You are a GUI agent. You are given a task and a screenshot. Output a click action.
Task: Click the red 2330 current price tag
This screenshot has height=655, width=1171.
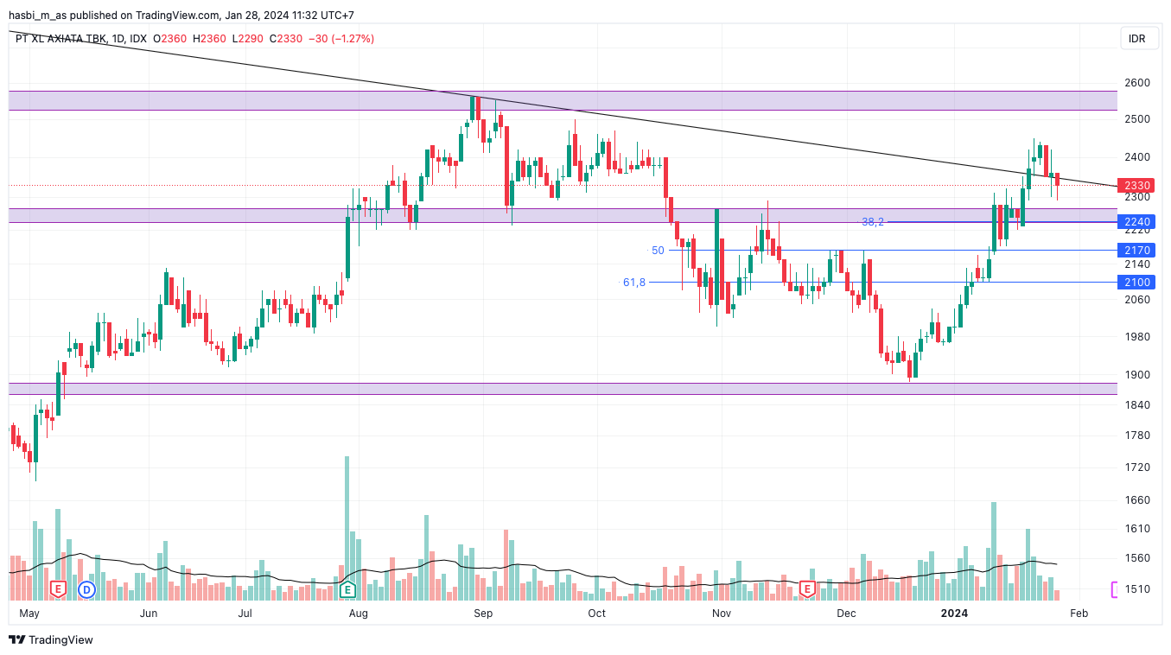(x=1137, y=186)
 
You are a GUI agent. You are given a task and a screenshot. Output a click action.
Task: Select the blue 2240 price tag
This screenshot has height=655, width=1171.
(x=1137, y=222)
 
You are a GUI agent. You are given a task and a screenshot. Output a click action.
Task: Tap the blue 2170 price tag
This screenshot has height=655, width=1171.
(x=1137, y=251)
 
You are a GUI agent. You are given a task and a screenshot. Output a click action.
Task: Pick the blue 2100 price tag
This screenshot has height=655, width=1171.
(x=1137, y=283)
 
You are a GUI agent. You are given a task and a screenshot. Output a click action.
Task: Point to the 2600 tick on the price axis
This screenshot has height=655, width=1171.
(x=1137, y=83)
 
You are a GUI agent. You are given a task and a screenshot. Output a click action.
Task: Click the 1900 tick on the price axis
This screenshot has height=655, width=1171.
(x=1137, y=375)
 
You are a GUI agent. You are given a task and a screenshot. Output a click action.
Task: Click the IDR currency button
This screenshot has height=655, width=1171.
(x=1137, y=39)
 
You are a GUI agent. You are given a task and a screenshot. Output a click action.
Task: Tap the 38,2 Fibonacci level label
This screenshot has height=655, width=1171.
(x=873, y=222)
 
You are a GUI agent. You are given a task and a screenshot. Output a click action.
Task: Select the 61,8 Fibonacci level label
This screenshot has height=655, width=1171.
(x=634, y=283)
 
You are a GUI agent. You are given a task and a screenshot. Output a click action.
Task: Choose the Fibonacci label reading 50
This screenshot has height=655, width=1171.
(x=658, y=251)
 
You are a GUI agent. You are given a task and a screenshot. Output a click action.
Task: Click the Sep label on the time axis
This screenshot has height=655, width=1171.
(x=483, y=614)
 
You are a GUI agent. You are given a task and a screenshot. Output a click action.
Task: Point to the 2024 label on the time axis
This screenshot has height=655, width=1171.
(x=954, y=614)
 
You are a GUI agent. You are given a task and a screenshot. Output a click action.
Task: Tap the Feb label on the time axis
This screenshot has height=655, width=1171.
(x=1079, y=614)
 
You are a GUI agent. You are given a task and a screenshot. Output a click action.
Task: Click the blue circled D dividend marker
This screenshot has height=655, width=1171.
(x=86, y=589)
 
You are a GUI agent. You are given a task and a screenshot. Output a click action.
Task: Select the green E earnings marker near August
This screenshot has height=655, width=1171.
(x=347, y=589)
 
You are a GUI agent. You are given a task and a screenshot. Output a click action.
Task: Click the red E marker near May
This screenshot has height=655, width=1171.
(x=58, y=589)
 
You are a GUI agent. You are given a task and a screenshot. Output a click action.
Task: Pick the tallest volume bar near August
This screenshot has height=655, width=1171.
(x=347, y=527)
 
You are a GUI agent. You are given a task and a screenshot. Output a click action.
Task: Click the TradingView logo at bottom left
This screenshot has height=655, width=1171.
(x=51, y=640)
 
